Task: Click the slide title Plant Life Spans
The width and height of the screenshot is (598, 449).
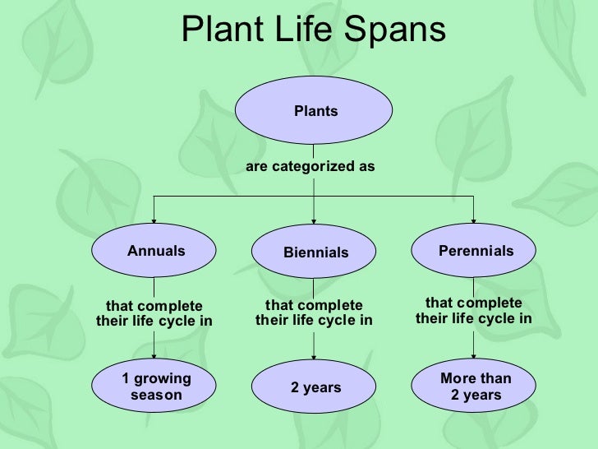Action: (313, 30)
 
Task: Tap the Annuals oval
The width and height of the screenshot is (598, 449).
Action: (155, 251)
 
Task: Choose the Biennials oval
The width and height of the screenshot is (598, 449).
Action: (315, 252)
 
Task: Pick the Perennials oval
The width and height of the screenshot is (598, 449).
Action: (475, 250)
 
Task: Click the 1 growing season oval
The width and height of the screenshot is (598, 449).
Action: (155, 387)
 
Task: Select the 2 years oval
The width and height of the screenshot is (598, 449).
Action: (315, 387)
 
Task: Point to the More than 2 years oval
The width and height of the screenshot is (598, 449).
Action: (475, 387)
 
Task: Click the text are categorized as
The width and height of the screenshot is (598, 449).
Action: (310, 167)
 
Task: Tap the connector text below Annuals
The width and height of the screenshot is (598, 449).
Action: (154, 313)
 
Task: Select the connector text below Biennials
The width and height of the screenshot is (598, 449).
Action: (314, 313)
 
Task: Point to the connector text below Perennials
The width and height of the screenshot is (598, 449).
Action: (473, 311)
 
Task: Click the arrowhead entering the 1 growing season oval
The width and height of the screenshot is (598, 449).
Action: (155, 358)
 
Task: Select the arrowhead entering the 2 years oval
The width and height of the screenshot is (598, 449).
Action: (315, 359)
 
